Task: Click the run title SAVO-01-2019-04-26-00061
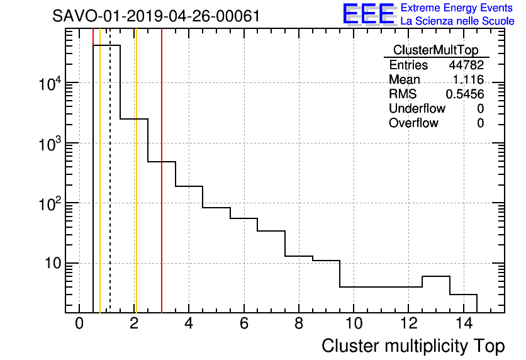157,16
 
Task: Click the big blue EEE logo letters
368,14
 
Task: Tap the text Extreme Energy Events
457,8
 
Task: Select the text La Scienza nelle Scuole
457,21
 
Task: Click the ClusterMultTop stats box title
435,50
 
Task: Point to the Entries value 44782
466,65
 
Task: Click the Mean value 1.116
468,80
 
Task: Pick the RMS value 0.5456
465,94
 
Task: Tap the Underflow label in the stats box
417,108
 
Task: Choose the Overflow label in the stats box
413,123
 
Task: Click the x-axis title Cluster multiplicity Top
413,346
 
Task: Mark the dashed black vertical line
110,189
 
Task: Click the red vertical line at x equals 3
162,220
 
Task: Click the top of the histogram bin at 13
436,276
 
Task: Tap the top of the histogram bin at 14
464,294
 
